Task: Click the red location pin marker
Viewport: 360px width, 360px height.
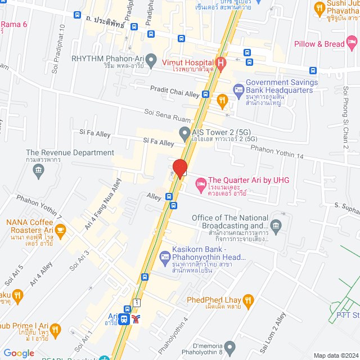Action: (x=179, y=168)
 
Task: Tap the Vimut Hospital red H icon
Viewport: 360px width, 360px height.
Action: (x=221, y=63)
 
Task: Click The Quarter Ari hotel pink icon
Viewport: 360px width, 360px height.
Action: (x=200, y=183)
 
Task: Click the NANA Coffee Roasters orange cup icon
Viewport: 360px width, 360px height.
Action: (x=61, y=229)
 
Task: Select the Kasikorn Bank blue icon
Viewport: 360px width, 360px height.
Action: (x=165, y=258)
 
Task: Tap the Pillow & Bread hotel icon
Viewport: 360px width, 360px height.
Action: (x=352, y=42)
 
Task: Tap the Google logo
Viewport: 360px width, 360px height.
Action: (x=19, y=353)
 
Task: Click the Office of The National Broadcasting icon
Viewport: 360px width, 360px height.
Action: (x=276, y=227)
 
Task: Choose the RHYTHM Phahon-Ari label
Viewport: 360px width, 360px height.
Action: (x=107, y=57)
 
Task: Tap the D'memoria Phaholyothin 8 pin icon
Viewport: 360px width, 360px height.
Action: (x=229, y=346)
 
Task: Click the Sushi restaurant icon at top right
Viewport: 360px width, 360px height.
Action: (x=319, y=8)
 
